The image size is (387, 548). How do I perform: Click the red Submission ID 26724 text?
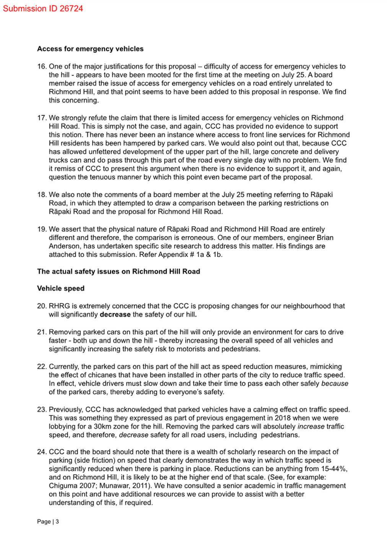tap(43, 8)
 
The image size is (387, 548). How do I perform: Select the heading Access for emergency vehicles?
tap(90, 49)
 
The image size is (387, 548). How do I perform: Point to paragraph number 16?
tap(42, 67)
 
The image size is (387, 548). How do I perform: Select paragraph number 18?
tap(42, 195)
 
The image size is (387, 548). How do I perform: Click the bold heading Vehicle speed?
tap(61, 288)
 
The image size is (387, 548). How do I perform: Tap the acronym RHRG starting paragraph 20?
tap(59, 306)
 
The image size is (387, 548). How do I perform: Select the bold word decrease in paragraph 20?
tap(115, 314)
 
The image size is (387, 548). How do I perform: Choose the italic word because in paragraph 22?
tap(335, 383)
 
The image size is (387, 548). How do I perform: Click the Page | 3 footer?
tap(48, 521)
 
